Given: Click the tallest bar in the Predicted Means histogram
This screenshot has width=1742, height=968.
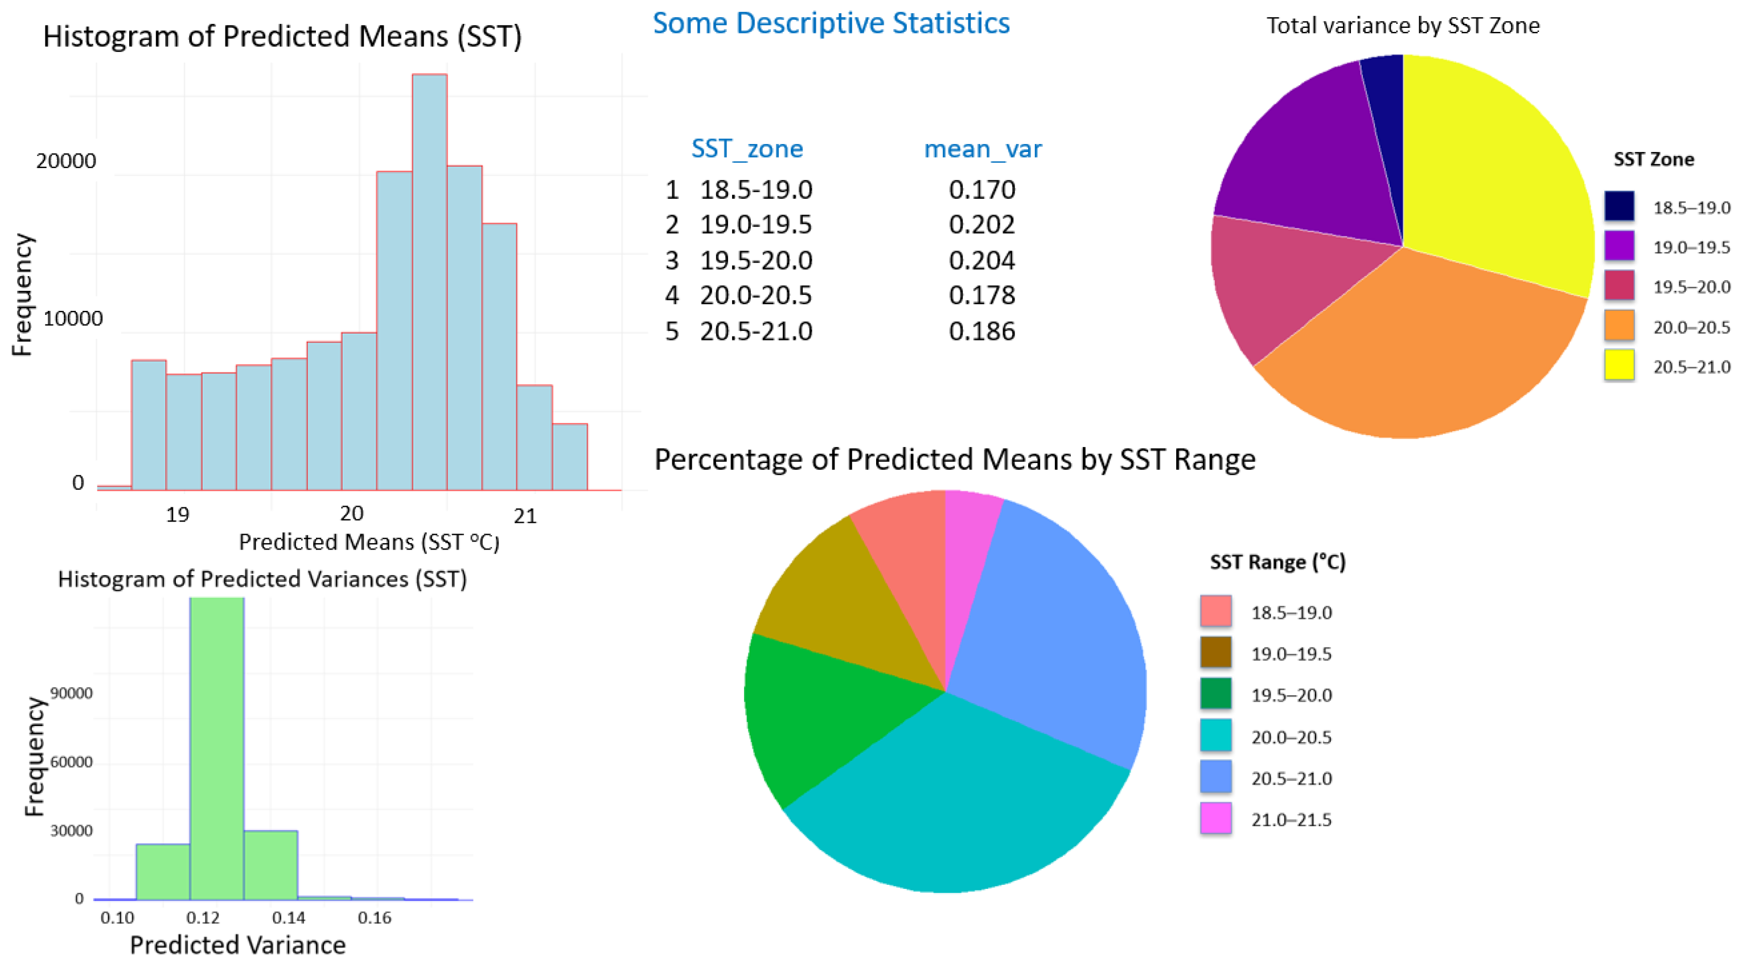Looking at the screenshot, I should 429,284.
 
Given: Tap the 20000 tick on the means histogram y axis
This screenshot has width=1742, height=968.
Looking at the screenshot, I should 65,161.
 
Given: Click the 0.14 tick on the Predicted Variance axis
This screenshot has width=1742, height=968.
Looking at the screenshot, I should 289,918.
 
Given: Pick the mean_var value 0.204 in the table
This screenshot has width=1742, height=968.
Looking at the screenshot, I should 981,260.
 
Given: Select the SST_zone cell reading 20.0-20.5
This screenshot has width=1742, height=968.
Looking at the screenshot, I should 755,296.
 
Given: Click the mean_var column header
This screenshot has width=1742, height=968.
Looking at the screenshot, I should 983,149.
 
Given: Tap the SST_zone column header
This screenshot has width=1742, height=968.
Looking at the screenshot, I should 746,149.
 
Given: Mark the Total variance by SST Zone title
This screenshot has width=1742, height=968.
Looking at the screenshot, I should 1403,26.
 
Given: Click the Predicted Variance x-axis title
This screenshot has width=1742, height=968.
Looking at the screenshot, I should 237,945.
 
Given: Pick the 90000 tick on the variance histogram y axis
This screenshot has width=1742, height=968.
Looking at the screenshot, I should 71,694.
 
